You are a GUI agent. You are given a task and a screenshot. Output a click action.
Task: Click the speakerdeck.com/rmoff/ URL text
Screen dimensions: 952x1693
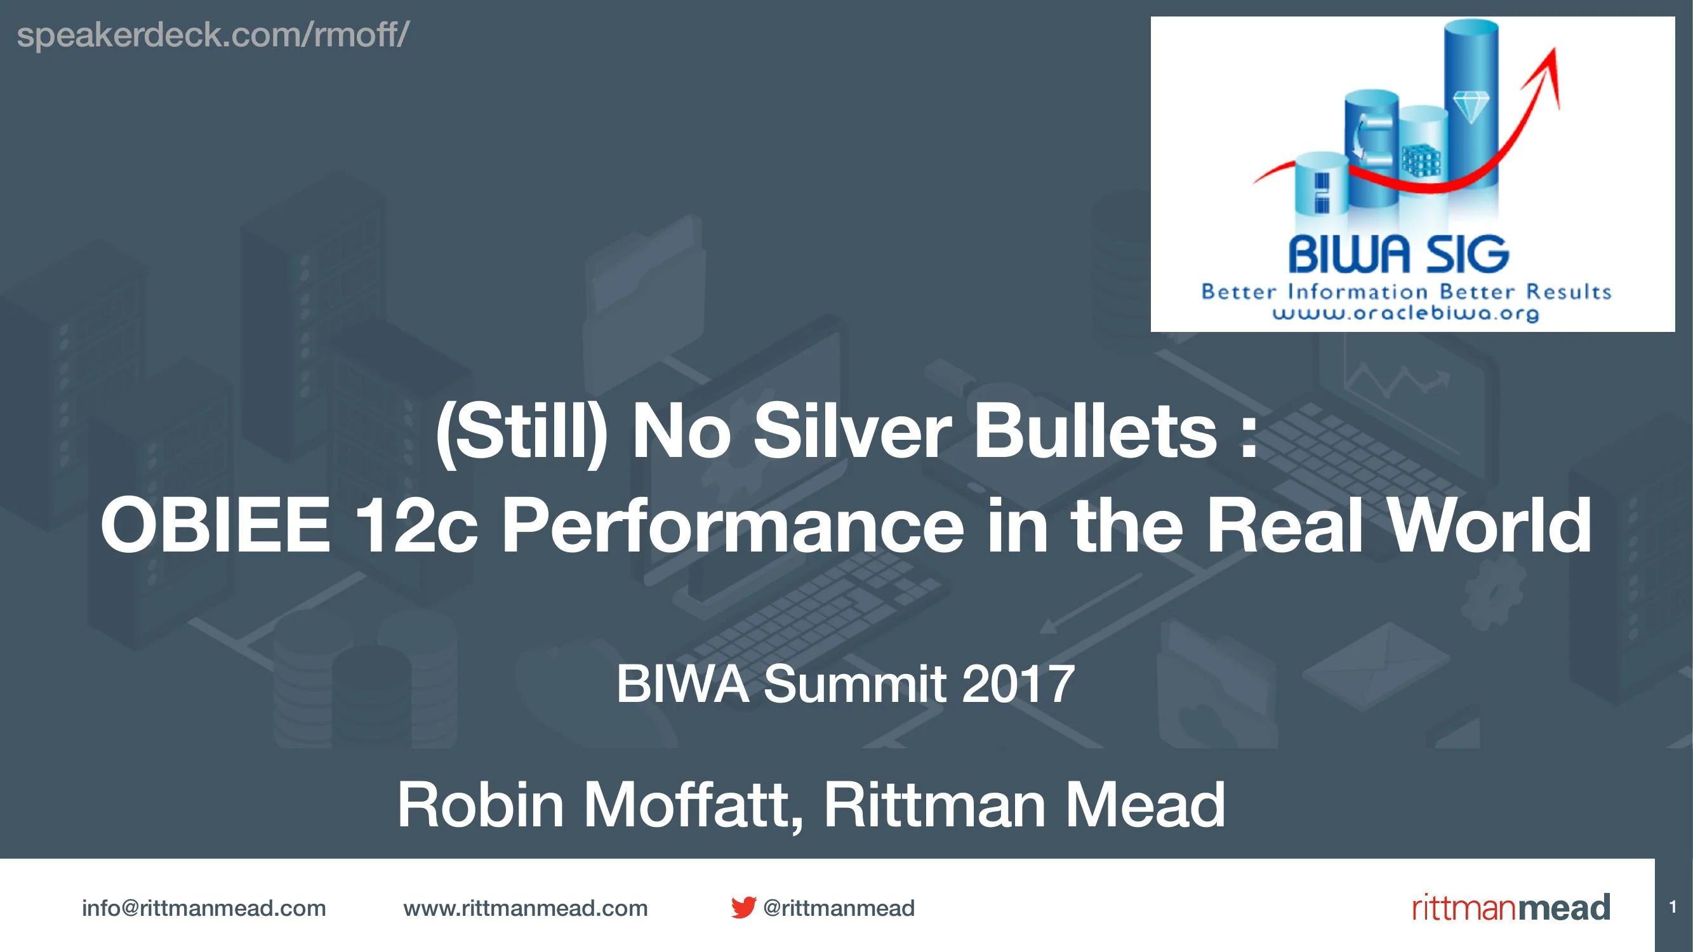(x=212, y=34)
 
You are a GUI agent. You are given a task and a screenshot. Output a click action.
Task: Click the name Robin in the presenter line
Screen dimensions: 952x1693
(x=481, y=805)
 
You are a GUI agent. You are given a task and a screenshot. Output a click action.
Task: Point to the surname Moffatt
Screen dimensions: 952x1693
(x=694, y=805)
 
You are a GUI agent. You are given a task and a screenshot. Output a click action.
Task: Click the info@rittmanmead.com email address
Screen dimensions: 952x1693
(x=204, y=908)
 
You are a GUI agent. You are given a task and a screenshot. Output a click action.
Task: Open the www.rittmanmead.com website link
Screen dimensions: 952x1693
(x=525, y=908)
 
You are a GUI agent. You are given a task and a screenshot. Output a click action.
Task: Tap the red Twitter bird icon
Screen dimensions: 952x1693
(x=743, y=908)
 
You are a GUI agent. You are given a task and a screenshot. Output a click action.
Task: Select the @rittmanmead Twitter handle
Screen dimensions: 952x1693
(x=839, y=908)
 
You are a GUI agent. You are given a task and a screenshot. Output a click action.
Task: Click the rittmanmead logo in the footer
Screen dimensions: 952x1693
(x=1511, y=908)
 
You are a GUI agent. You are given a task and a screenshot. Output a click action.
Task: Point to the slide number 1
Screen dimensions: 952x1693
(x=1673, y=908)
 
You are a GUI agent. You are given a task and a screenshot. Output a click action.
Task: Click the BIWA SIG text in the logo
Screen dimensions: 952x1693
(x=1398, y=256)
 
